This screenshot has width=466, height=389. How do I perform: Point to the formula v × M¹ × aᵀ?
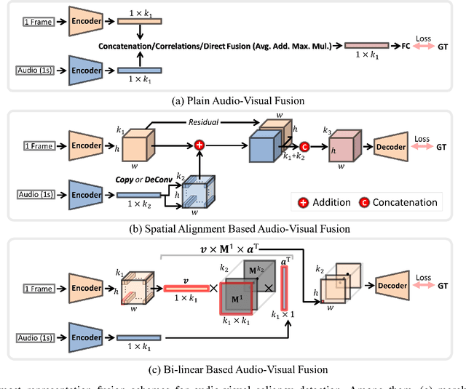pyautogui.click(x=245, y=248)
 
